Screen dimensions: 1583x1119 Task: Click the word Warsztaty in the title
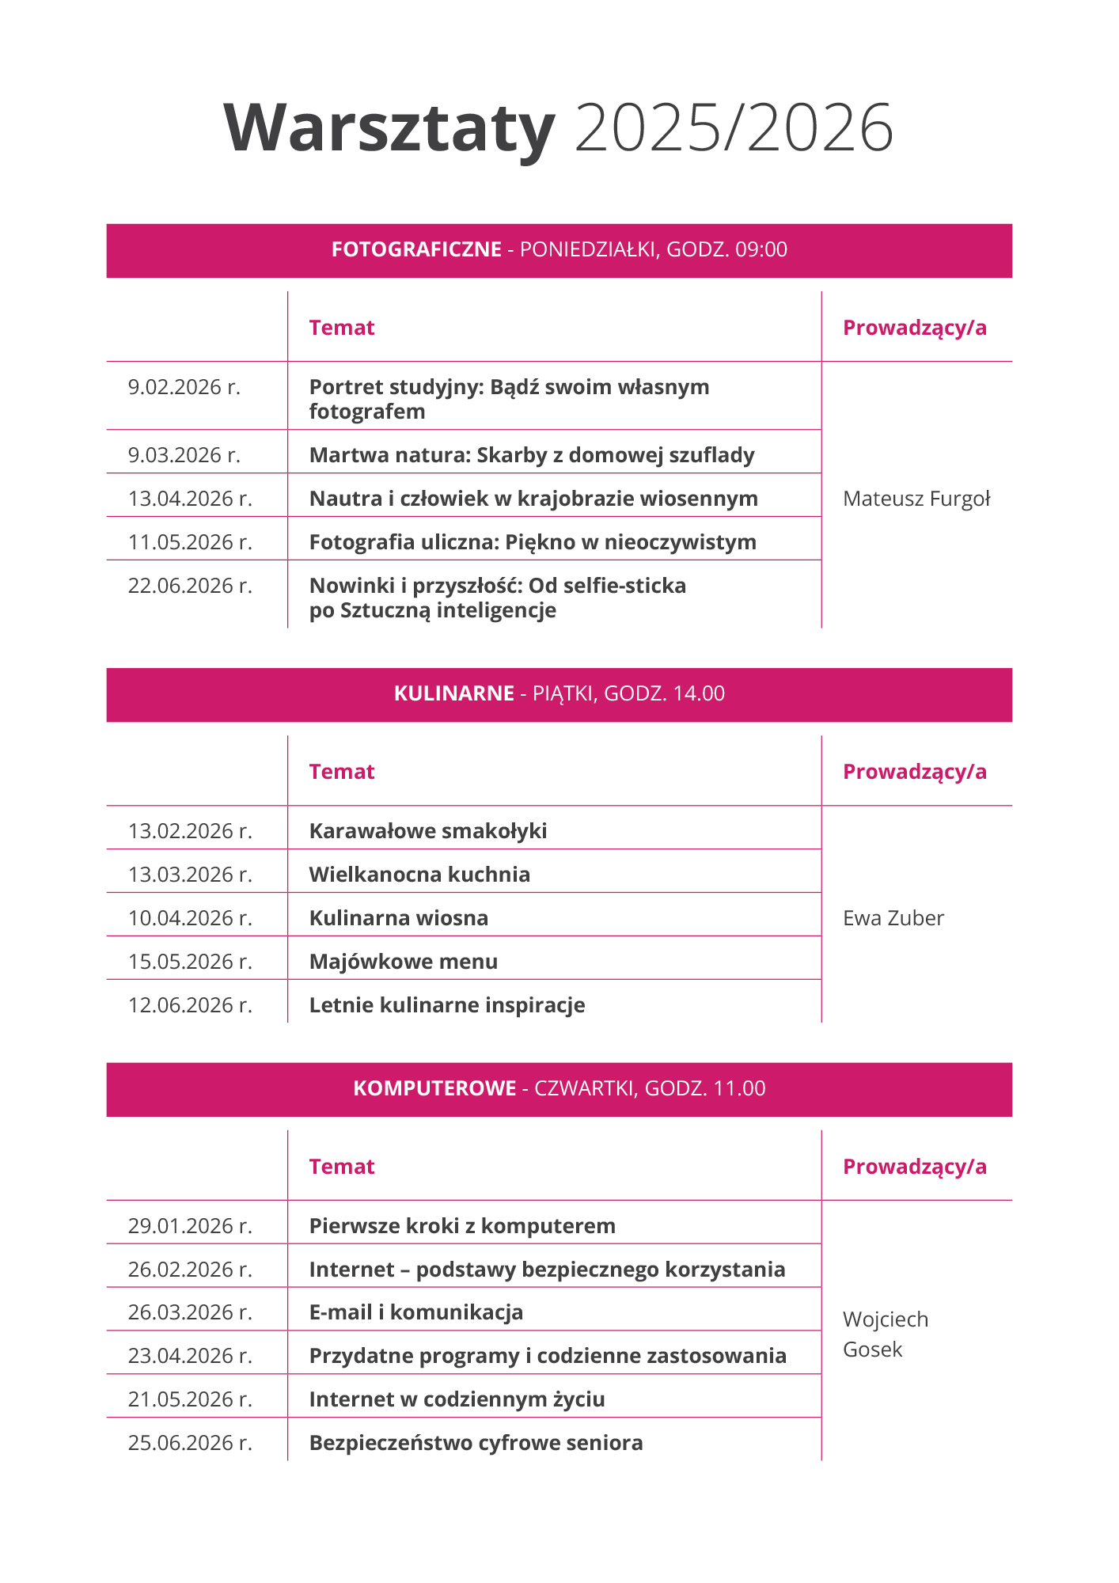pyautogui.click(x=389, y=128)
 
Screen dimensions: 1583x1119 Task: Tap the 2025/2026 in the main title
pyautogui.click(x=734, y=128)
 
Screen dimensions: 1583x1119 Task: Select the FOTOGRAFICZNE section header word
pyautogui.click(x=416, y=250)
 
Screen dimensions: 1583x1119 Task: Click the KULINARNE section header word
pyautogui.click(x=454, y=694)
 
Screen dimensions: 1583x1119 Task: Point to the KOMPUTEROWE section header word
pyautogui.click(x=434, y=1089)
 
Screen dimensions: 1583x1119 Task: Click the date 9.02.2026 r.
pyautogui.click(x=184, y=388)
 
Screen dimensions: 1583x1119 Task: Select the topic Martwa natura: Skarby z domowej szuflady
pyautogui.click(x=532, y=456)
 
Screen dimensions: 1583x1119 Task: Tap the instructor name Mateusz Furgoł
pyautogui.click(x=916, y=499)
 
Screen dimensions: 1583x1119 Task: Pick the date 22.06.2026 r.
pyautogui.click(x=190, y=587)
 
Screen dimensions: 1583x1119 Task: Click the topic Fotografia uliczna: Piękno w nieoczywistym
pyautogui.click(x=533, y=543)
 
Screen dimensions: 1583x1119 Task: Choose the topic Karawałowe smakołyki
pyautogui.click(x=428, y=832)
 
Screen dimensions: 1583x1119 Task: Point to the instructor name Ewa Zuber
pyautogui.click(x=893, y=919)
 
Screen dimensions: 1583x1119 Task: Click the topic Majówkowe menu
pyautogui.click(x=404, y=962)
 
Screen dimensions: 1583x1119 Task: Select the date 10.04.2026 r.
pyautogui.click(x=190, y=919)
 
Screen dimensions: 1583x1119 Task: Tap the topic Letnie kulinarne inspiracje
pyautogui.click(x=447, y=1006)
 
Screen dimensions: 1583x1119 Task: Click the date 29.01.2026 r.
pyautogui.click(x=190, y=1227)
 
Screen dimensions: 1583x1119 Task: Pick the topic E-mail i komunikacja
pyautogui.click(x=416, y=1313)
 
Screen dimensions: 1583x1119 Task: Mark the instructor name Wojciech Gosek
pyautogui.click(x=885, y=1334)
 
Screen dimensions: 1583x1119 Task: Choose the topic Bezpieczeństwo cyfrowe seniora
pyautogui.click(x=476, y=1444)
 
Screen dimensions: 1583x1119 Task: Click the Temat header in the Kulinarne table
pyautogui.click(x=342, y=773)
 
